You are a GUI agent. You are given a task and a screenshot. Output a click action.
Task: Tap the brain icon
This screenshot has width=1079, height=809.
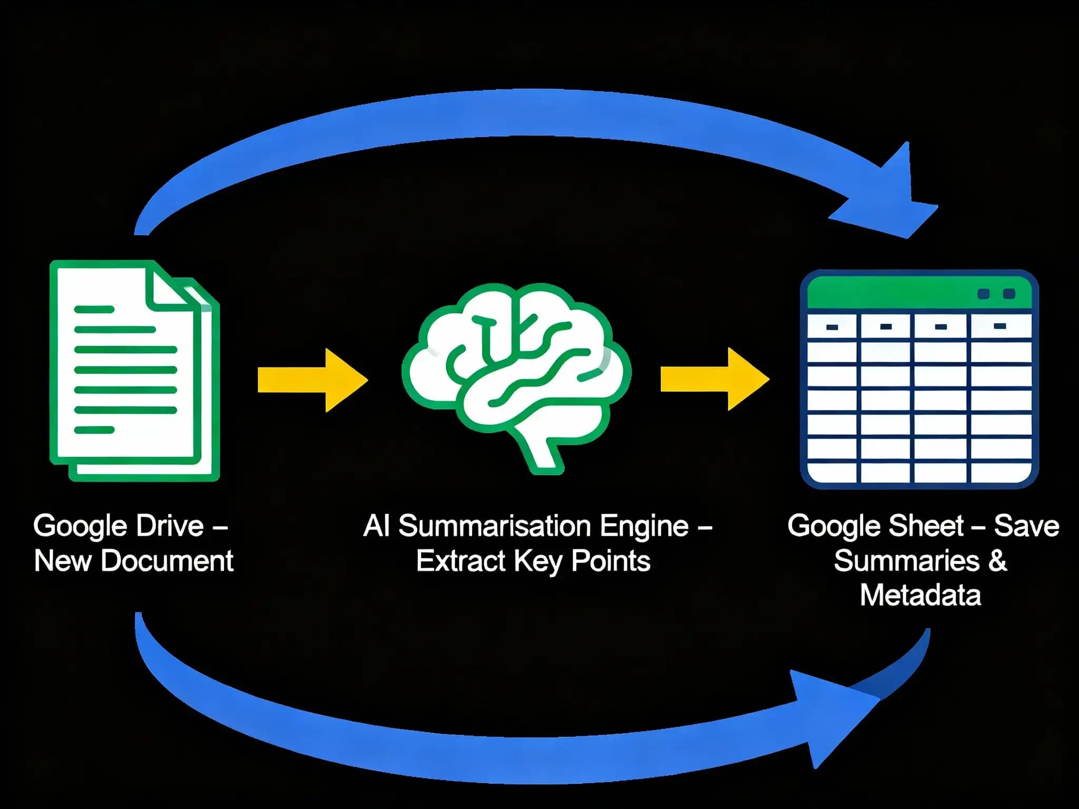pos(516,369)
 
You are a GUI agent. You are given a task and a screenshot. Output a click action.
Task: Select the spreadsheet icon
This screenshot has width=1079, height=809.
pos(919,379)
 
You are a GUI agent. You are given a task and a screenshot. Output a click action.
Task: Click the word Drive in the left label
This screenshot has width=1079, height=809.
pos(170,526)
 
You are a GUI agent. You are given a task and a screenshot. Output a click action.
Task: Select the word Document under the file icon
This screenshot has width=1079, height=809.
pos(167,560)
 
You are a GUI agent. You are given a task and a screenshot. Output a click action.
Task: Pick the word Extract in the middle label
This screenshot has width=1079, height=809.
pos(460,560)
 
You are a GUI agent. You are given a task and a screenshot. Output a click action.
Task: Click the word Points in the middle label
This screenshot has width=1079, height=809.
pos(611,560)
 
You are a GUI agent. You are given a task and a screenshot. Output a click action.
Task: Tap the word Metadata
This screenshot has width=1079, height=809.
pos(920,595)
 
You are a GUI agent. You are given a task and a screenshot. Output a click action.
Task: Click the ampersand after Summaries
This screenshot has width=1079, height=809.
pos(997,560)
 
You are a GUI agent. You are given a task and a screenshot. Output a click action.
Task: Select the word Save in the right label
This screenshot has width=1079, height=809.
pos(1026,526)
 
